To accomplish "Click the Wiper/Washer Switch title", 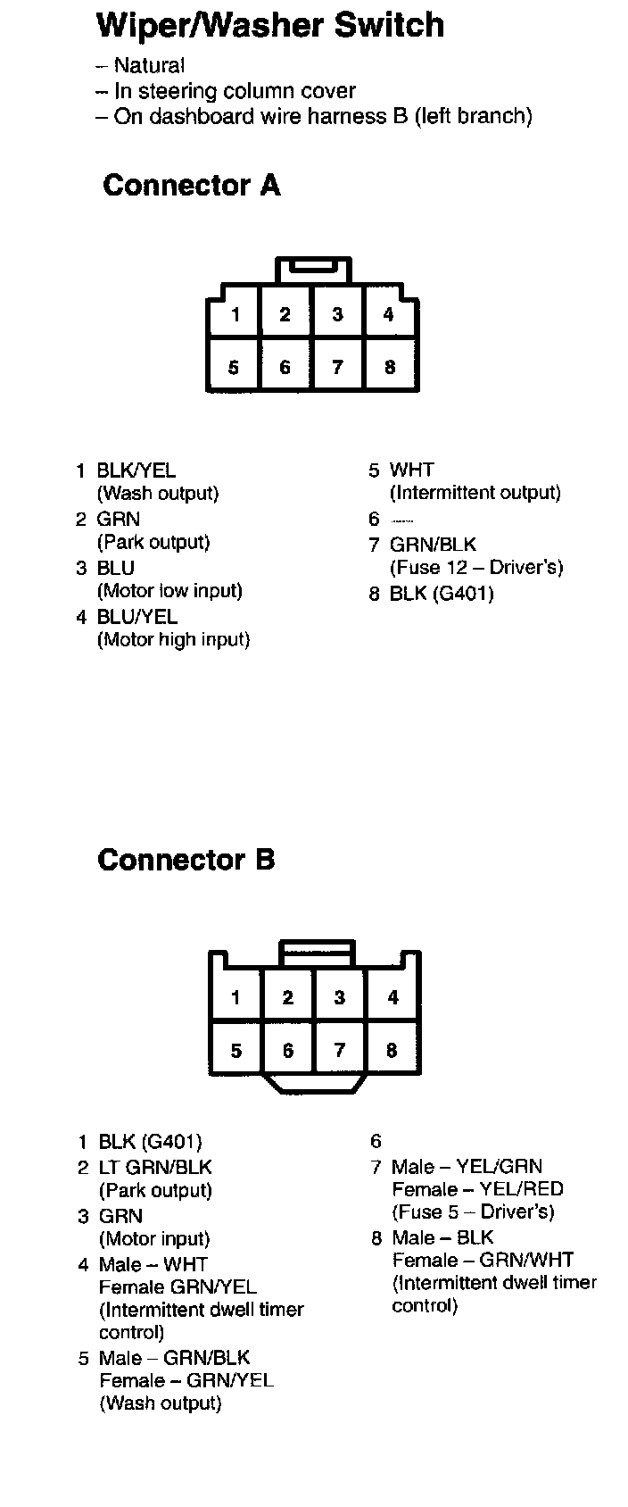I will [269, 25].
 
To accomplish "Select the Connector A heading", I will [192, 186].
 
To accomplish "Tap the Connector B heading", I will [186, 860].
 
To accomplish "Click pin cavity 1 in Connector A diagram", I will [235, 314].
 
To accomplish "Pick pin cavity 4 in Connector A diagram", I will [389, 314].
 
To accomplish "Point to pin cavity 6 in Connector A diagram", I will [285, 367].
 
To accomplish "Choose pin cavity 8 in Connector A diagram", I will [390, 367].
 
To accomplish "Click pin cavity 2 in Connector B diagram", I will [287, 997].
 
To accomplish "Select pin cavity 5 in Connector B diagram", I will [235, 1051].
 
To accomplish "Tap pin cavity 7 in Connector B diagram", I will [339, 1051].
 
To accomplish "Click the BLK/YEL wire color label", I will [136, 470].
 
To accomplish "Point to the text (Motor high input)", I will [173, 639].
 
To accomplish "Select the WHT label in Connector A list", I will [412, 470].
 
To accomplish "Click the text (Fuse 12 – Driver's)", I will [476, 568].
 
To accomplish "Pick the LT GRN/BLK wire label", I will [155, 1167].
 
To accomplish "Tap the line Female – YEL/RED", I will [477, 1189].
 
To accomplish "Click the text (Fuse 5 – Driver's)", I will [473, 1211].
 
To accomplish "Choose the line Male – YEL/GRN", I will [467, 1166].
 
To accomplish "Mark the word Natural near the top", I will [149, 65].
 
